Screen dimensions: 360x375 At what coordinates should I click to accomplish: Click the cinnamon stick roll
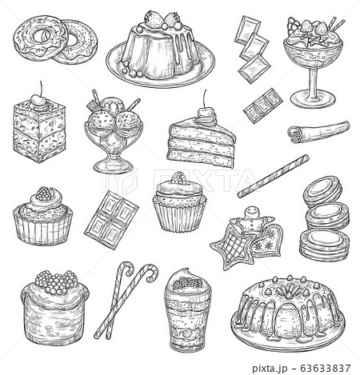point(318,131)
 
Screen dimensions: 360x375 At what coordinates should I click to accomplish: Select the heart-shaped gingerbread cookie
point(266,241)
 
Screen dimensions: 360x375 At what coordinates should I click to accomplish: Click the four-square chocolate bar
point(111,220)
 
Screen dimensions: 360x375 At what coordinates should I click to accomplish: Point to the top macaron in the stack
point(322,190)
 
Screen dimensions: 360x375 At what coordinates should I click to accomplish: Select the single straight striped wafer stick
point(274,176)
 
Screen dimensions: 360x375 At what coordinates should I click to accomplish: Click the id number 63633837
point(325,369)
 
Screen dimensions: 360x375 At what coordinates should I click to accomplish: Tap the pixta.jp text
point(270,369)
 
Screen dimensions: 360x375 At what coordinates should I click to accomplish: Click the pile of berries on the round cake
point(56,282)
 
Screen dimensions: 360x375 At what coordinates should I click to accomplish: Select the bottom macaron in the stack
point(325,244)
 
